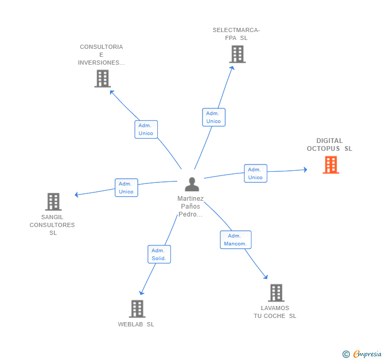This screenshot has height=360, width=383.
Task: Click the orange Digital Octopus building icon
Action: [331, 165]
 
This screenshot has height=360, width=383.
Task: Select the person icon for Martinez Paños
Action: [192, 184]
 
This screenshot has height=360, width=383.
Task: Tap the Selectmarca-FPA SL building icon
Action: [237, 55]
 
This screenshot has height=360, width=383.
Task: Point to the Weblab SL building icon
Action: [137, 308]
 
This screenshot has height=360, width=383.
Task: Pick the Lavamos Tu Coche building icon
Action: [276, 293]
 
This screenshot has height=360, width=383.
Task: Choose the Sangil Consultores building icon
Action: [53, 202]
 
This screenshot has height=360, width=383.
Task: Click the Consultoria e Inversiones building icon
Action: [103, 79]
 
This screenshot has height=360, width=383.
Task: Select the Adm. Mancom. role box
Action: [236, 240]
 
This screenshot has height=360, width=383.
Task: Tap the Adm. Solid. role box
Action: [159, 254]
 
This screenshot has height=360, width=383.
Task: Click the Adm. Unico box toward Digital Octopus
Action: [256, 173]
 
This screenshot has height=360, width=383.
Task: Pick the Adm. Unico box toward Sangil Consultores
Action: [126, 188]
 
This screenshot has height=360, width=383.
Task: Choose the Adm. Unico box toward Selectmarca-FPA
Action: [214, 117]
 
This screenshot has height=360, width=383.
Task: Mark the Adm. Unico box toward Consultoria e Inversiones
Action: [146, 129]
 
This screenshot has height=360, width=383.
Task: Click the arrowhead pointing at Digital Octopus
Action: [305, 170]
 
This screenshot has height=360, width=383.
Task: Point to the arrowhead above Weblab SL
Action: [142, 293]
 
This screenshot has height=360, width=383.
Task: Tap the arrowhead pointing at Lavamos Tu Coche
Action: [266, 277]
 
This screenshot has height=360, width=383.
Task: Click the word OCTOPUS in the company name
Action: [323, 149]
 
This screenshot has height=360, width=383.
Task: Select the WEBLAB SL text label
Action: [136, 324]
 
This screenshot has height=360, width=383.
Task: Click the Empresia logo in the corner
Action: [362, 354]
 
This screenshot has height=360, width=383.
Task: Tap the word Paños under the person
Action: [190, 207]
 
